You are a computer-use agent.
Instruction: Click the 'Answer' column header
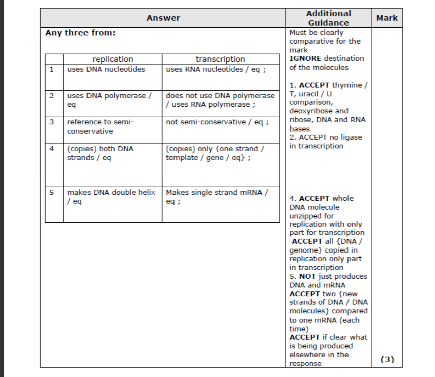pos(163,18)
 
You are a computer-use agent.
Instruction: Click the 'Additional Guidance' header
pos(328,18)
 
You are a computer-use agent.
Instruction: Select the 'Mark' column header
pos(387,18)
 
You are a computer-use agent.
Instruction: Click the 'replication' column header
pos(113,59)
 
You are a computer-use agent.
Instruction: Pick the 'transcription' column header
pos(220,59)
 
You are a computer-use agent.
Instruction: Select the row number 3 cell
pos(51,122)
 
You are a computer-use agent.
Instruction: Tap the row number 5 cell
pos(51,192)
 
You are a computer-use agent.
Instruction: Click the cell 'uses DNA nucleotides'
pos(106,69)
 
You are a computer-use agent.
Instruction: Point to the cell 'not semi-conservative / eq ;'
pos(217,122)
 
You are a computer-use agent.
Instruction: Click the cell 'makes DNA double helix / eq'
pos(112,196)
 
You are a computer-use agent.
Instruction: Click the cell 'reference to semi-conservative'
pos(100,126)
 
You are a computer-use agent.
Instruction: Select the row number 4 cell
pos(51,149)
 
